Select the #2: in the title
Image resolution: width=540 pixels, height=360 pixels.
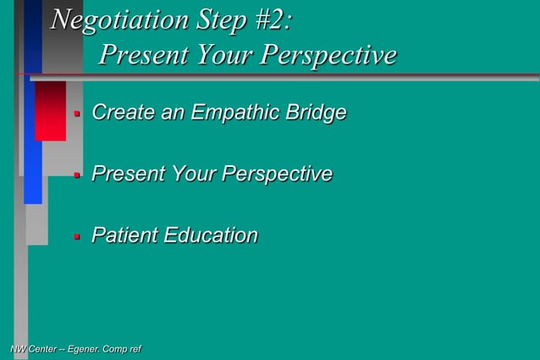tap(273, 19)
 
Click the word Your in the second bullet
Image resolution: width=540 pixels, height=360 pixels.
tap(193, 174)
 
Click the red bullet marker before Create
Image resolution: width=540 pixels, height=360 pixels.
tap(76, 113)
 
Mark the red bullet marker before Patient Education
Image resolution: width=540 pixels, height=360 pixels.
tap(76, 235)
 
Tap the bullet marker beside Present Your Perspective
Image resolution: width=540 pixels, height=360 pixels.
tap(76, 174)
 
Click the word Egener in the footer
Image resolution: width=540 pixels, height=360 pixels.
tap(84, 349)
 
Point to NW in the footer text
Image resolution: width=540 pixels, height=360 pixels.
tap(16, 349)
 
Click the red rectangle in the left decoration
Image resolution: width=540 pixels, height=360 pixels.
tap(50, 110)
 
